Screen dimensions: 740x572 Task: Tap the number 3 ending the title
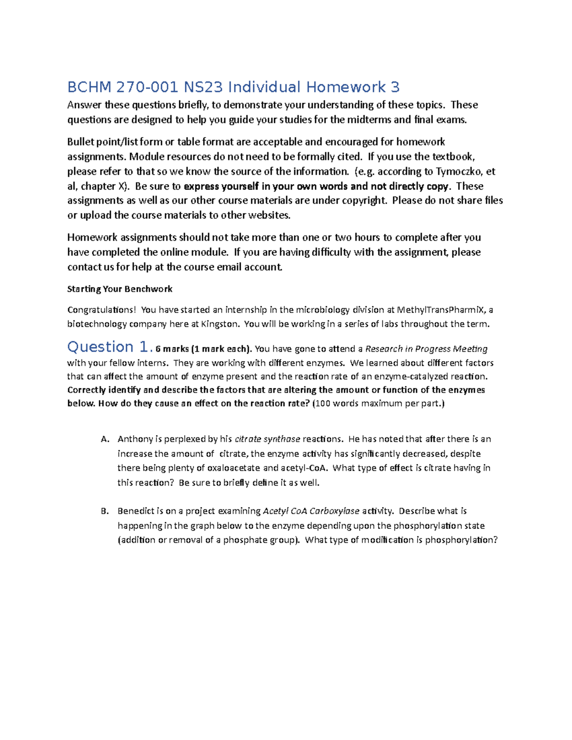click(x=395, y=87)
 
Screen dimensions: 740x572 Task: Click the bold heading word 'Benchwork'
click(x=148, y=289)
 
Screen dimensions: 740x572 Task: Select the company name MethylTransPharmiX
click(x=442, y=310)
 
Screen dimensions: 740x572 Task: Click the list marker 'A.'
click(x=105, y=439)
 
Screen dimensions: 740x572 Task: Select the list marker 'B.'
click(x=105, y=511)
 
